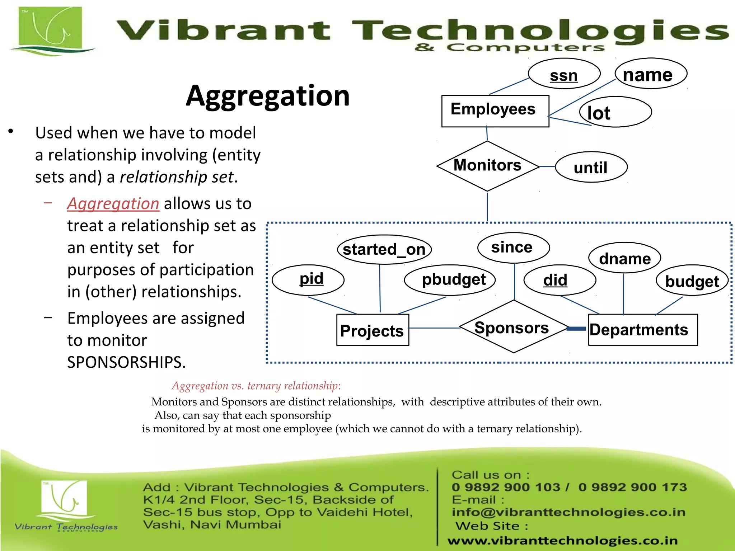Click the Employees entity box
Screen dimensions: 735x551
[x=495, y=111]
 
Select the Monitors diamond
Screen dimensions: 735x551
[x=487, y=166]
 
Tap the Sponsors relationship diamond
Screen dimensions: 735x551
[x=513, y=327]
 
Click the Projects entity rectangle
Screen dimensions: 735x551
[x=372, y=330]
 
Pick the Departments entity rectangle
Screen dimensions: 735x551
[x=642, y=330]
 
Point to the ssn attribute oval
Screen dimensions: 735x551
[x=564, y=74]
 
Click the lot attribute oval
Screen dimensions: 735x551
[x=615, y=112]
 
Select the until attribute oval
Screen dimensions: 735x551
[x=591, y=167]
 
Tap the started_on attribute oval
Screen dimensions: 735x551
[x=384, y=249]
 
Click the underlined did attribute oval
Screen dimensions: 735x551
[x=560, y=280]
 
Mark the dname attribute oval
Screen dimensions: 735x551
[x=624, y=258]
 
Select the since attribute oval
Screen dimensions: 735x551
[x=513, y=248]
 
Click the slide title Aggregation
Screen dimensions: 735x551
[x=268, y=96]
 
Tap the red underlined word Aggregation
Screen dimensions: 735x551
[x=113, y=204]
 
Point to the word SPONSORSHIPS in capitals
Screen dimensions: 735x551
[x=126, y=362]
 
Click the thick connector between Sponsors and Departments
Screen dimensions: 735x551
[x=576, y=329]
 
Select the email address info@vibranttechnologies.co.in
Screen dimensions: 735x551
[x=568, y=512]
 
